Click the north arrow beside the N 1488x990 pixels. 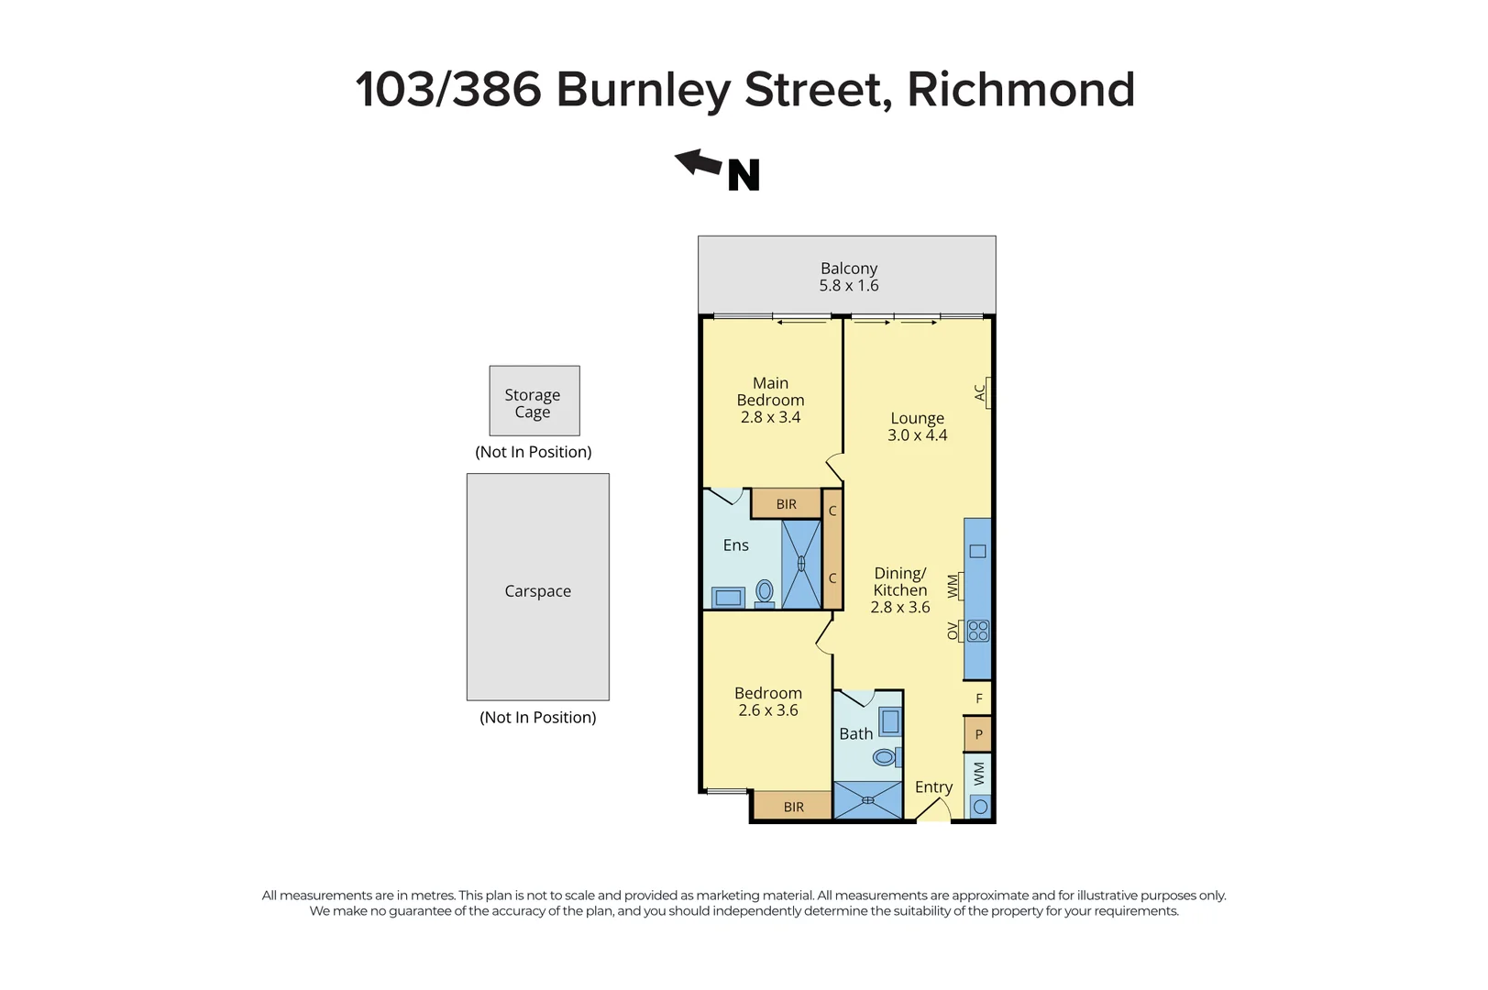(x=698, y=163)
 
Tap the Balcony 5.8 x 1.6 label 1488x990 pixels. (x=848, y=277)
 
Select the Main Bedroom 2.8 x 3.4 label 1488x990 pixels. (x=770, y=400)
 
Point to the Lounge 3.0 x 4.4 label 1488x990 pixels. (x=917, y=426)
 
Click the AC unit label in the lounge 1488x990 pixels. (x=980, y=392)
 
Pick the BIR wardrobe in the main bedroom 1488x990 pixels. (x=786, y=504)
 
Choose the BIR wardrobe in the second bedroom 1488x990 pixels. (x=793, y=807)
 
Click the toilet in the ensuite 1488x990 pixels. (x=764, y=593)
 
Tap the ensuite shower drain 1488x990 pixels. (x=800, y=564)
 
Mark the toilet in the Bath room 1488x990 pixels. (x=885, y=757)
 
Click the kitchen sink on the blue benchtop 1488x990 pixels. (x=977, y=551)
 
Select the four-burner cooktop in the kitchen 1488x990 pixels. (x=978, y=631)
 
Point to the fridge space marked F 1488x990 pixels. (x=978, y=698)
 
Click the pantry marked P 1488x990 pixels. (x=978, y=734)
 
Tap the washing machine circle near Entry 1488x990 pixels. (x=980, y=807)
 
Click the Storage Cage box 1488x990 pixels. (x=534, y=401)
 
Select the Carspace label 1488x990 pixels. (x=537, y=591)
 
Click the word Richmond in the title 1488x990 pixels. (x=1020, y=90)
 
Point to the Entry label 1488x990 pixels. (x=933, y=787)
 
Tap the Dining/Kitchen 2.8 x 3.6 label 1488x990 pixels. (x=899, y=590)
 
